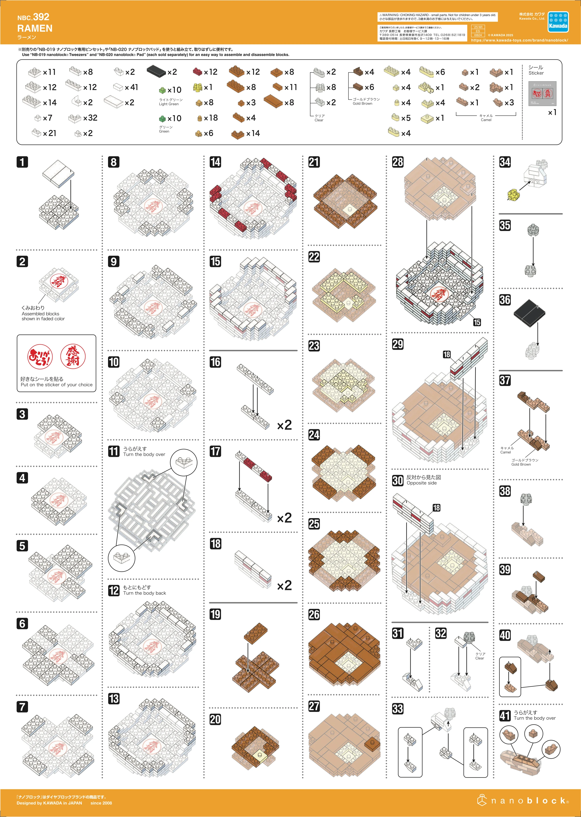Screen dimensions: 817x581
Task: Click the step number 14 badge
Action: [215, 162]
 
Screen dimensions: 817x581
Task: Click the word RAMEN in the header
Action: [35, 28]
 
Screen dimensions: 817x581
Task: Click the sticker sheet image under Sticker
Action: [542, 93]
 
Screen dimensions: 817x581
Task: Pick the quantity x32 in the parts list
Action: [90, 118]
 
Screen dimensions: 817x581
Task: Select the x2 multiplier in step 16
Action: [284, 425]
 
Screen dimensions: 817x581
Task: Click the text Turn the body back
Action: [145, 593]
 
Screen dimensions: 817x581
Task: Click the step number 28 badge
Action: [398, 162]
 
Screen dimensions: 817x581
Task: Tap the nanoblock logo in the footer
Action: [523, 800]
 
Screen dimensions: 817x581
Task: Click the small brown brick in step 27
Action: [372, 743]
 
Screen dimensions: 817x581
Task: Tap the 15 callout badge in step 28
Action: [477, 322]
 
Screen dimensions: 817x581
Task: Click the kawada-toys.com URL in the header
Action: [519, 40]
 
